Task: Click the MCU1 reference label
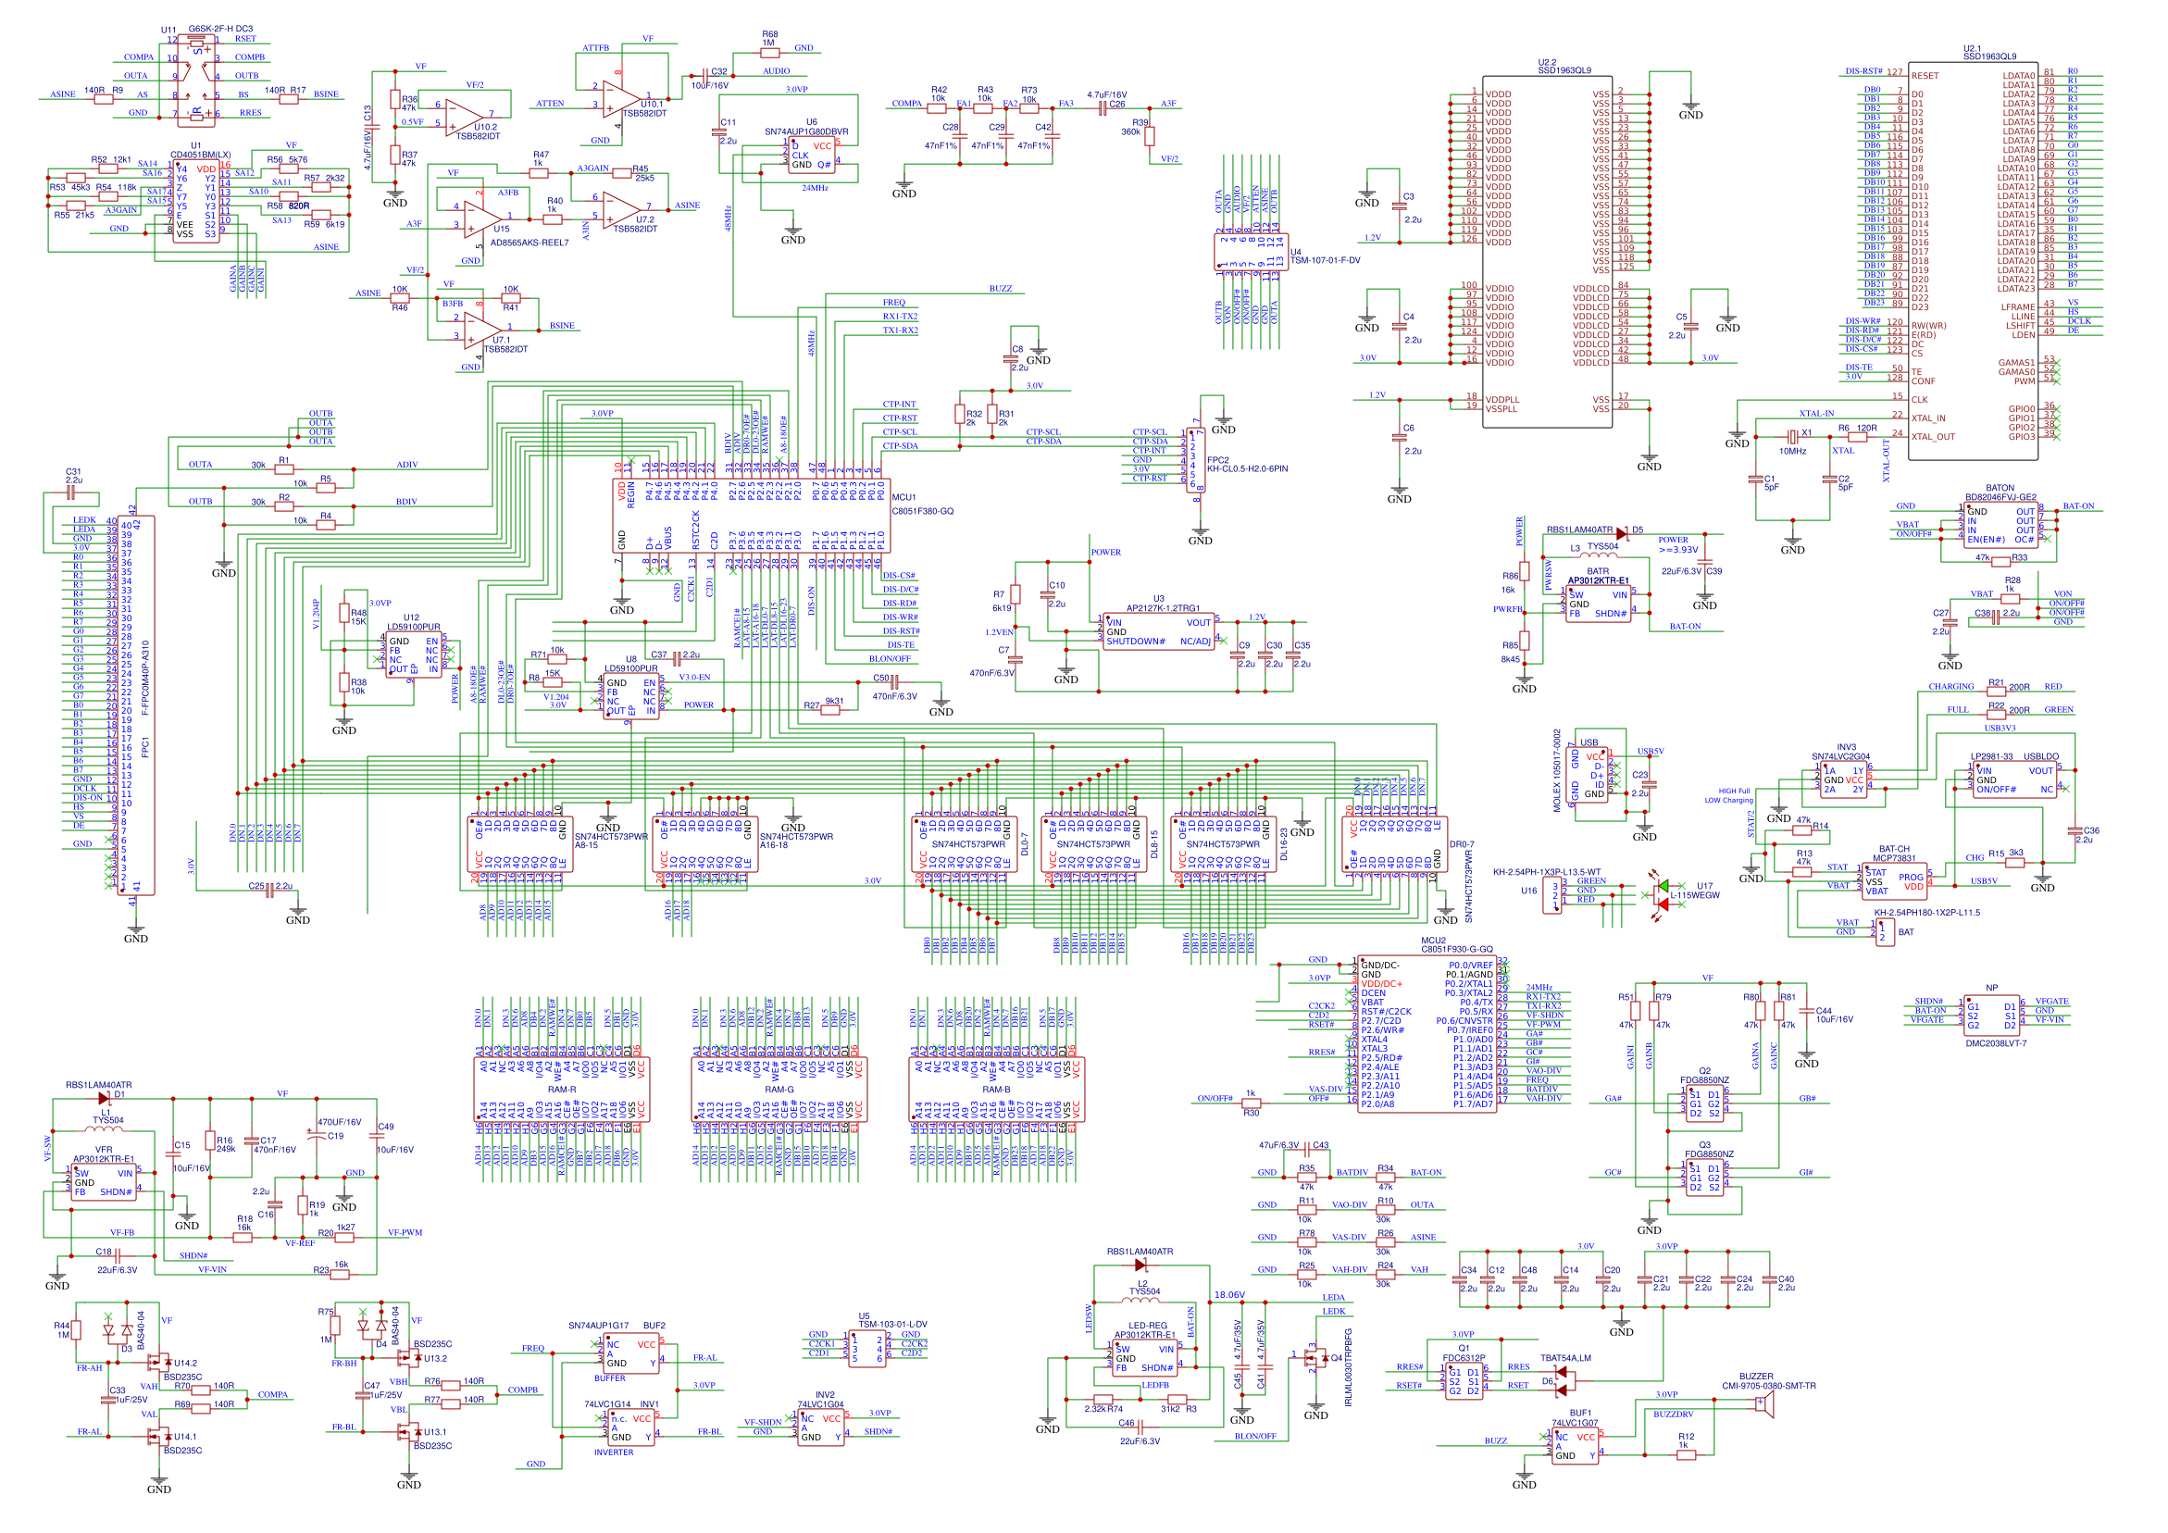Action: point(903,497)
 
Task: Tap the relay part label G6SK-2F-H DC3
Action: point(220,30)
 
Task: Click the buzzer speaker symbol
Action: point(1763,1404)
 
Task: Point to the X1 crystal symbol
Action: point(1791,436)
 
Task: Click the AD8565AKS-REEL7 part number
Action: point(529,243)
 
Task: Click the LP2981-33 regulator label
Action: point(1990,756)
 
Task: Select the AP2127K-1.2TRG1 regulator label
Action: point(1163,608)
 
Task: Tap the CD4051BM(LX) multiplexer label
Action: point(200,155)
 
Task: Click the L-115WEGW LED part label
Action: point(1695,895)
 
